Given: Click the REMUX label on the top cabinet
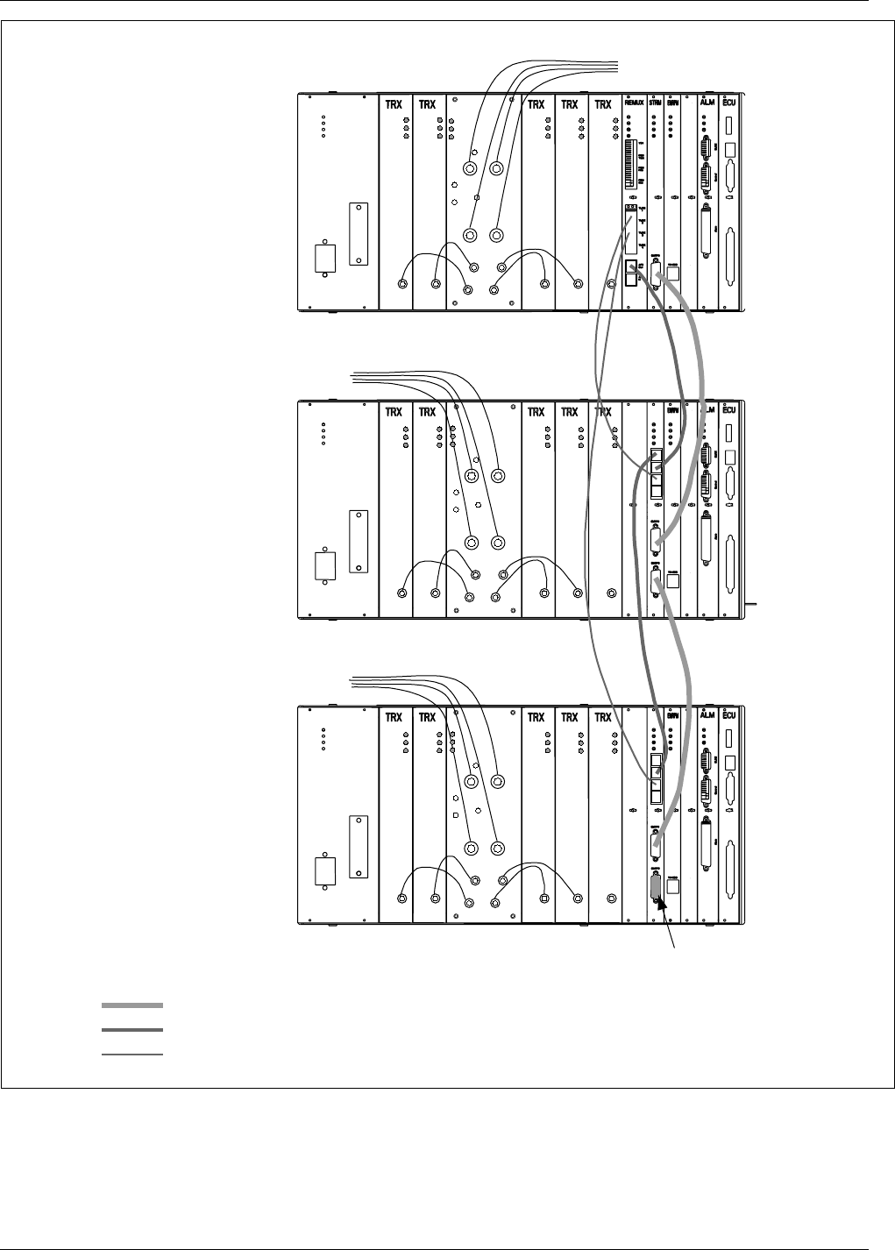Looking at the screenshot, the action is (635, 104).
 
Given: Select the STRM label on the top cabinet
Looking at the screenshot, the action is (656, 104).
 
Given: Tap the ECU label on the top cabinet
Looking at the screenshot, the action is (730, 104).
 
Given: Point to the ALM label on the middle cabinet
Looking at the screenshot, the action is (708, 410).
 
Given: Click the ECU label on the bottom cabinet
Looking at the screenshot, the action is (730, 717).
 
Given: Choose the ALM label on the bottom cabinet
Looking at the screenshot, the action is (707, 717).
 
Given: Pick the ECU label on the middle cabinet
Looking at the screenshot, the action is (730, 410).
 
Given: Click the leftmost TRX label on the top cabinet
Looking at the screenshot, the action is (394, 104).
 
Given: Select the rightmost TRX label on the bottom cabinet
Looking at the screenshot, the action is (602, 717).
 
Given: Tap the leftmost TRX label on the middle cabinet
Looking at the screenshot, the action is (394, 410).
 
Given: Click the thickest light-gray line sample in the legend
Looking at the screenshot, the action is (131, 1005).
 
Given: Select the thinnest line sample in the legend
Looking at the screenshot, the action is (131, 1055).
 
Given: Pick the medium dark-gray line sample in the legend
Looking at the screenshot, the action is (131, 1030).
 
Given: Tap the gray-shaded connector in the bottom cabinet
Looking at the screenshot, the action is (655, 887).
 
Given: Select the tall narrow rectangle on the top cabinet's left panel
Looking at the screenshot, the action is (359, 234).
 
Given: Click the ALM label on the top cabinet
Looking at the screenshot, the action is (707, 104).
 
